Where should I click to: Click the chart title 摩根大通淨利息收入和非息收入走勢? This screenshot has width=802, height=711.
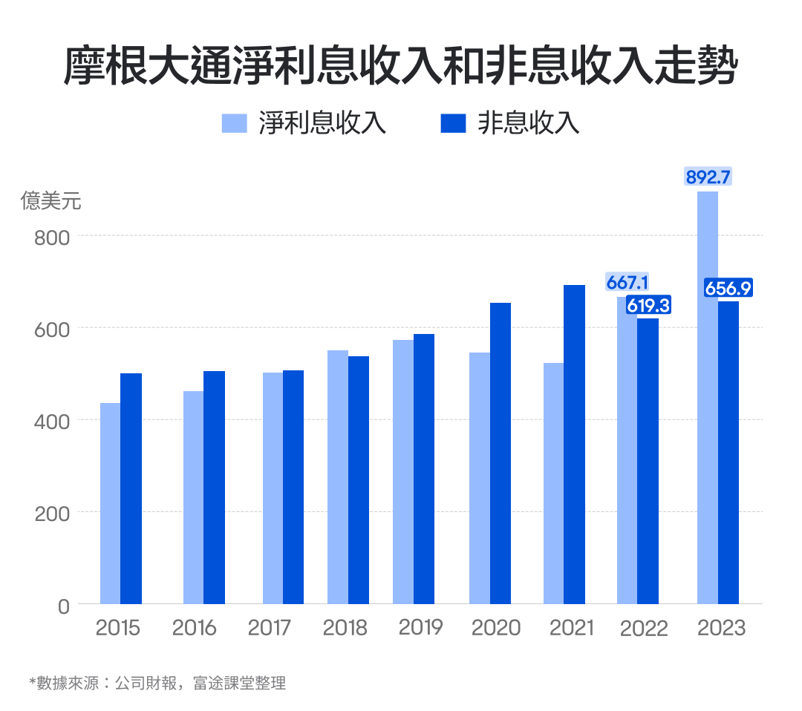400,67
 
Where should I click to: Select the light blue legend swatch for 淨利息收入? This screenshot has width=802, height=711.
234,123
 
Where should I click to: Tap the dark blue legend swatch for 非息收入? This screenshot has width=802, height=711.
453,123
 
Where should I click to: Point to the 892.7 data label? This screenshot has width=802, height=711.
708,177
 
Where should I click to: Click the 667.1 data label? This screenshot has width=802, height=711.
627,283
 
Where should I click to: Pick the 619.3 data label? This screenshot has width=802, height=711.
648,304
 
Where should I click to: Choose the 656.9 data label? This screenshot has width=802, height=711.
728,289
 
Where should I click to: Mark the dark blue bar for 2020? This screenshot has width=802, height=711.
501,453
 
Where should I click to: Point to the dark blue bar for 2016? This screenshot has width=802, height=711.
214,487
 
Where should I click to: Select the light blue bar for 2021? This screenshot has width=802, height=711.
553,482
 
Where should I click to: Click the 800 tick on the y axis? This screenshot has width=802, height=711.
52,237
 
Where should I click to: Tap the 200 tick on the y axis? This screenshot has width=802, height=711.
52,514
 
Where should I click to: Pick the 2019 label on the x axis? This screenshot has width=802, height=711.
420,627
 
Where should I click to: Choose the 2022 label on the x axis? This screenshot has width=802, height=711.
644,629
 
